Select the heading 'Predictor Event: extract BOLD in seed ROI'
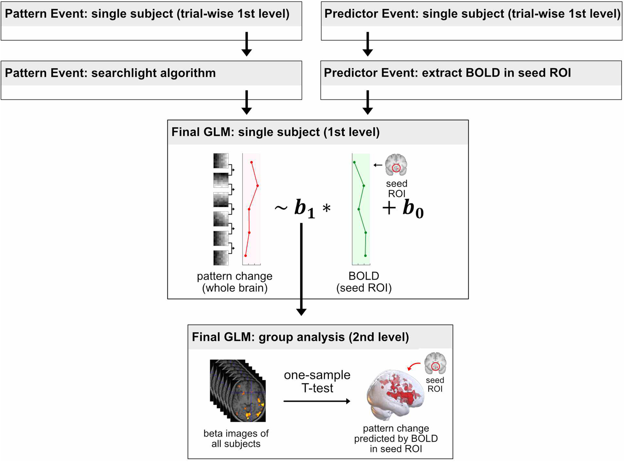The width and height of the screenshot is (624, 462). click(x=447, y=73)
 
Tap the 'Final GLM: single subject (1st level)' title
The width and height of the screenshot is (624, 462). click(x=275, y=132)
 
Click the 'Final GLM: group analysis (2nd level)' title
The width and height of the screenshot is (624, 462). click(x=300, y=337)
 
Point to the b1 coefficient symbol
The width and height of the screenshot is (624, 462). click(x=304, y=208)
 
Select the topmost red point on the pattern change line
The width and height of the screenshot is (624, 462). click(x=251, y=162)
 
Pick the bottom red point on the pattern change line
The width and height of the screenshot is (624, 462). click(x=245, y=256)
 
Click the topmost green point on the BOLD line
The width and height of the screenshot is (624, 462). click(x=354, y=162)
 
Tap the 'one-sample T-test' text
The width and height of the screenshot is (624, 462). click(x=317, y=381)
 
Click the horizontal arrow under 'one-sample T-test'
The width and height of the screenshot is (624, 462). click(x=316, y=401)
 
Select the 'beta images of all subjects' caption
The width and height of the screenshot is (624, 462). click(x=236, y=438)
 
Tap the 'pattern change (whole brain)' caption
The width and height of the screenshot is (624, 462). click(x=235, y=282)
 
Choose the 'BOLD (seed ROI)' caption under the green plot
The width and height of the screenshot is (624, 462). click(x=364, y=282)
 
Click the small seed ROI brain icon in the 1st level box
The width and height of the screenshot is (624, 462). click(x=396, y=165)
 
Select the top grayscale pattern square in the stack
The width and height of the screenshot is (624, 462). click(x=221, y=161)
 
